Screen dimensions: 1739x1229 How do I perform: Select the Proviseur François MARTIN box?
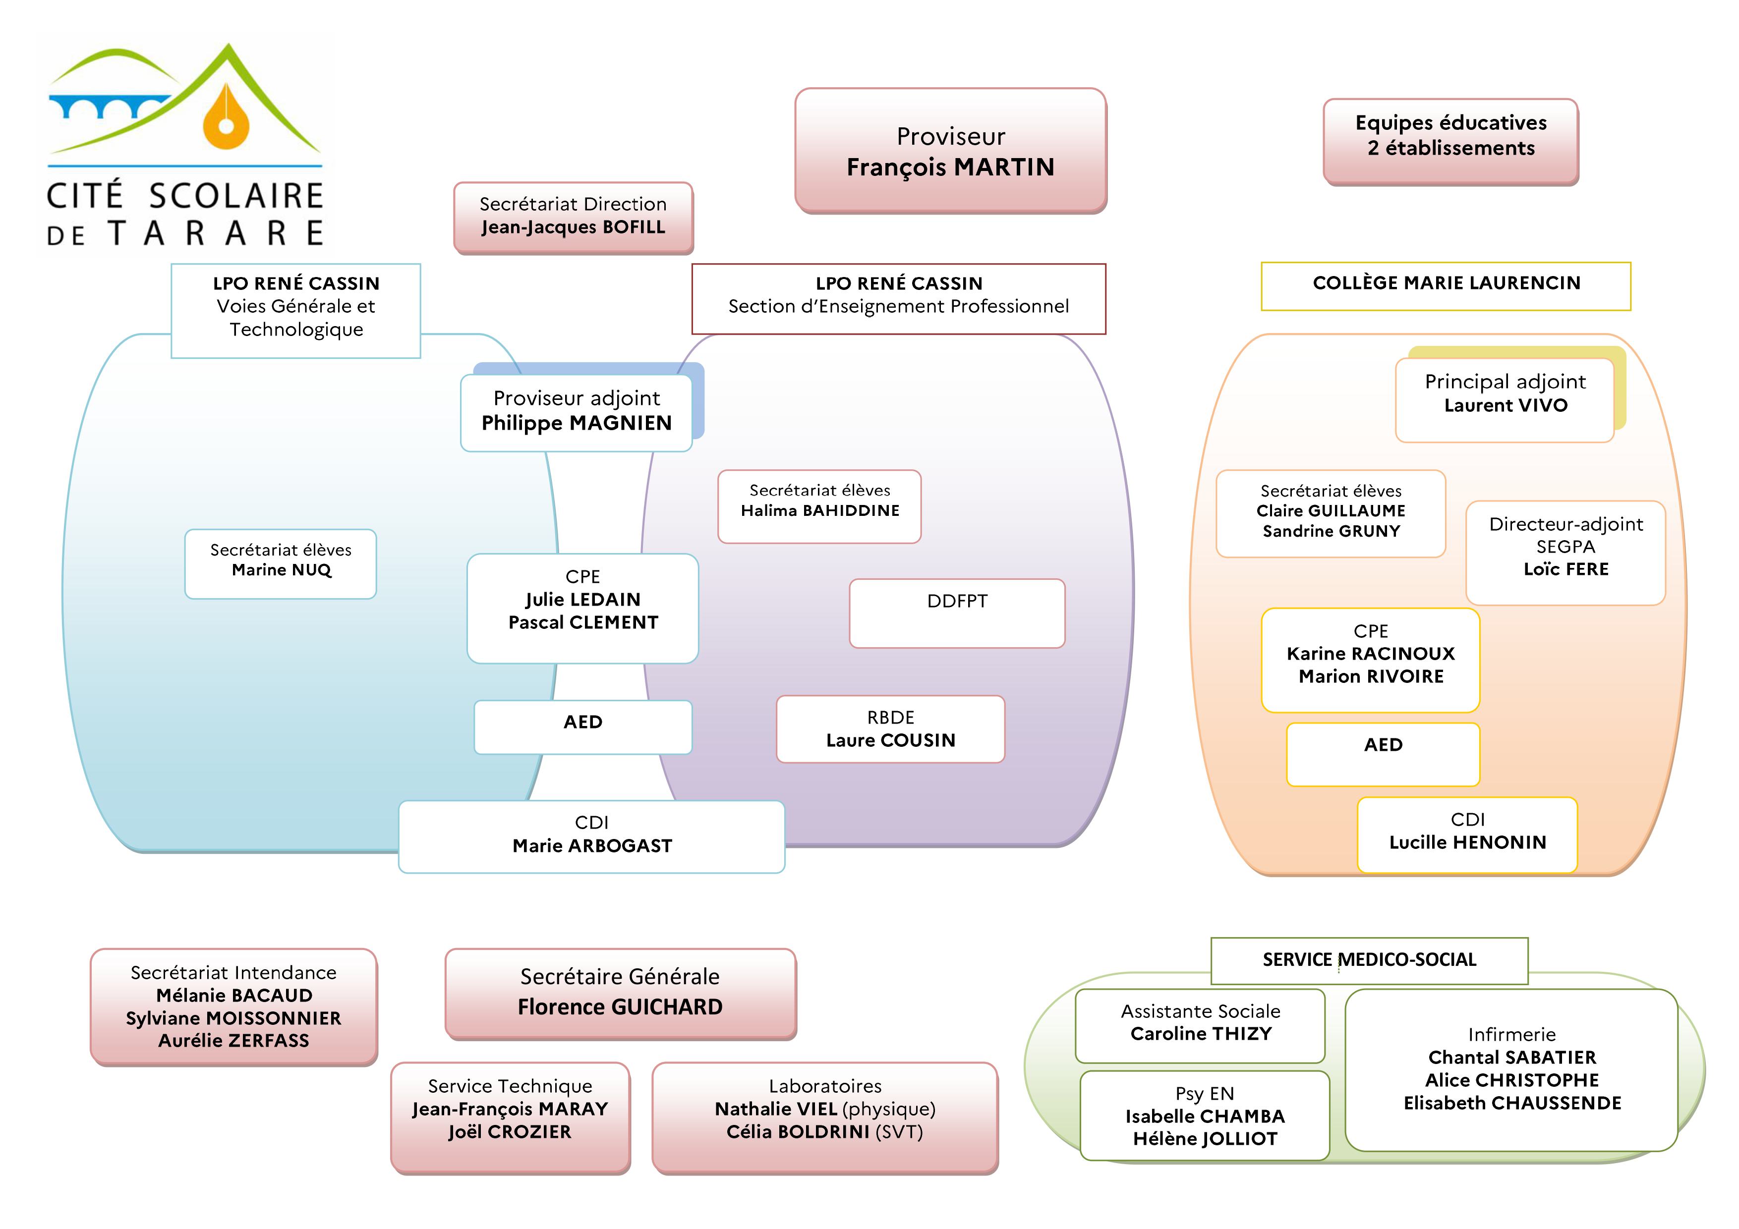pos(950,151)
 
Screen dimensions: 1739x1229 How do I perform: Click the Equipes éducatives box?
pos(1450,142)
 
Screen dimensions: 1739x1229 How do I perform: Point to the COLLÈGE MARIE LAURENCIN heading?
pos(1446,283)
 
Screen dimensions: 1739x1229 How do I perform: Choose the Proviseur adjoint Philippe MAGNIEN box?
pos(577,413)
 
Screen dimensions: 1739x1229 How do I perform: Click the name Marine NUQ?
pos(281,570)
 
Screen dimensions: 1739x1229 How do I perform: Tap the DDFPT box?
pos(957,614)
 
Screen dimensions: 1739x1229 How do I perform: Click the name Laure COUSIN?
pos(891,740)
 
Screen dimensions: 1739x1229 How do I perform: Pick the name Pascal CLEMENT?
pos(583,622)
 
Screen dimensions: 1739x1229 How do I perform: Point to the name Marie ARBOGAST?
pos(592,846)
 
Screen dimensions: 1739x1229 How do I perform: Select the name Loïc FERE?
pos(1565,569)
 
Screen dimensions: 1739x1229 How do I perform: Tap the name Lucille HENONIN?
pos(1467,843)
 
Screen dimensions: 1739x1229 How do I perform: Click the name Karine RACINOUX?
pos(1371,654)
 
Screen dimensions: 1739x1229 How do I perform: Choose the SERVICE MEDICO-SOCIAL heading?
pos(1369,960)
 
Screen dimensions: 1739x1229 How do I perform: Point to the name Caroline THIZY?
pos(1201,1034)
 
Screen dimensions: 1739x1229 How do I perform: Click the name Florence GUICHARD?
pos(620,1007)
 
